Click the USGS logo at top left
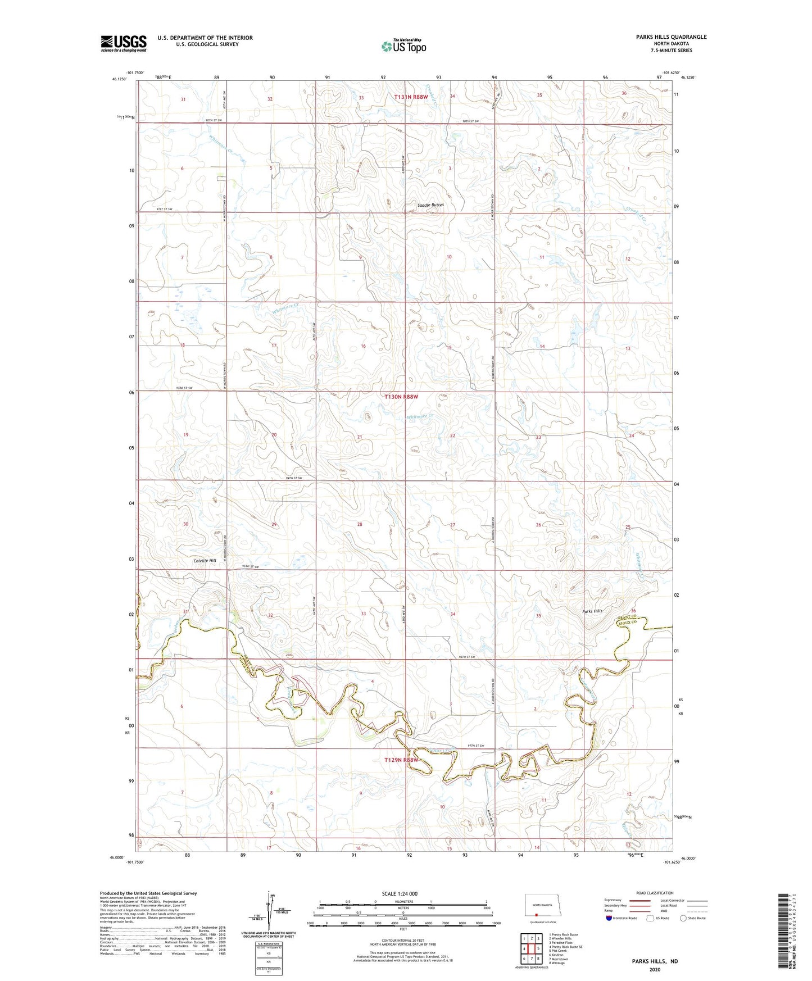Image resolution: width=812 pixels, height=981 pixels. point(124,43)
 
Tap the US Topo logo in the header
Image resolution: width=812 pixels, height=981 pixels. point(404,46)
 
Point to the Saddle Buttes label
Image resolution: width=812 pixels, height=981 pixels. point(430,205)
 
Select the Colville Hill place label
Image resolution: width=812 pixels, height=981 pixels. point(205,561)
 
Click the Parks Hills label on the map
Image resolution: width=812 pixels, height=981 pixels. point(592,611)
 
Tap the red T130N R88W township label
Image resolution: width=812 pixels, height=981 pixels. point(401,397)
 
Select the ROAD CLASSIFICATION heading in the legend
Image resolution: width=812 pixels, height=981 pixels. point(655,893)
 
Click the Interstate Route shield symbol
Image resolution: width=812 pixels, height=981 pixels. point(609,918)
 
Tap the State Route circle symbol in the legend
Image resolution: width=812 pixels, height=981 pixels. point(683,918)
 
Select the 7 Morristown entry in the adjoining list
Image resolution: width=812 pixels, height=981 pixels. point(562,959)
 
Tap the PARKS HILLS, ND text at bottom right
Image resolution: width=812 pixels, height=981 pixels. point(655,961)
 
